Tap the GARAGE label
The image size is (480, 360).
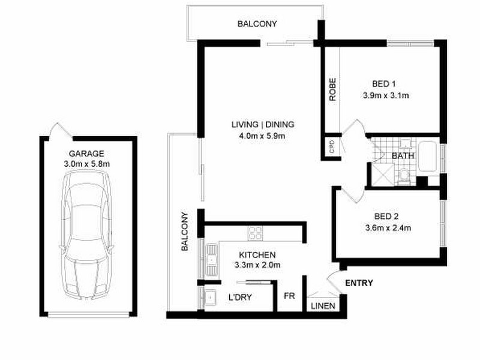click(x=86, y=153)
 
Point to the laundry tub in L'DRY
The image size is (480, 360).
click(x=211, y=297)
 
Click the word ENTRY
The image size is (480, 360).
click(x=359, y=283)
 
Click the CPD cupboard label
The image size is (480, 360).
click(x=331, y=147)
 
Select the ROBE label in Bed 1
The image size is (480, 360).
click(x=331, y=89)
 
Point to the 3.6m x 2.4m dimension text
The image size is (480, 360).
click(x=388, y=227)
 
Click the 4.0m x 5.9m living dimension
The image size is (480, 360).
click(x=263, y=136)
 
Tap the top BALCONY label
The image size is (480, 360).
click(x=257, y=24)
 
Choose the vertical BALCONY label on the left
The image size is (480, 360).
click(x=185, y=232)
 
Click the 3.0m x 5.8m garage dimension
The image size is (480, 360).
click(x=86, y=163)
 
